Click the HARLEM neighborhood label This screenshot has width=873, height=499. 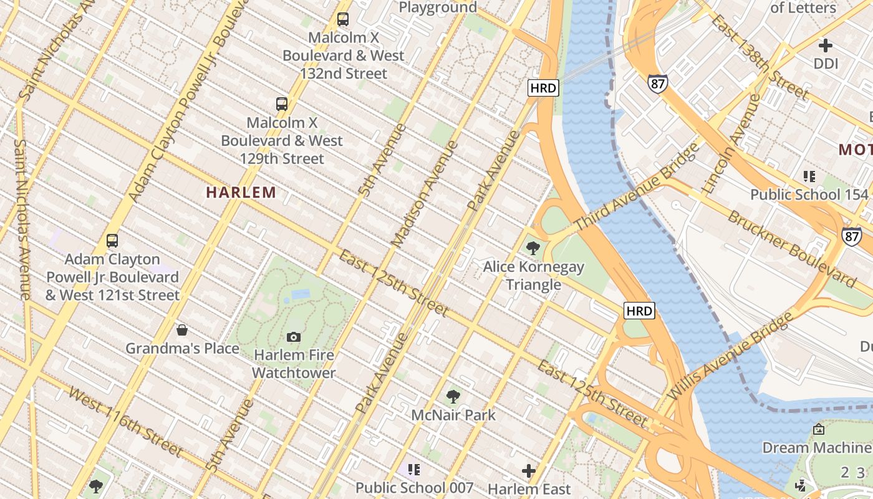[241, 193]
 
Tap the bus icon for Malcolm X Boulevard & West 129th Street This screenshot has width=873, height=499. [282, 104]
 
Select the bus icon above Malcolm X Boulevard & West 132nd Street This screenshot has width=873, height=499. [343, 19]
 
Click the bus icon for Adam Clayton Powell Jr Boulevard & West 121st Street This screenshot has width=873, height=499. [112, 240]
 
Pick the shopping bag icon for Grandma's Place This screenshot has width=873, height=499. [182, 329]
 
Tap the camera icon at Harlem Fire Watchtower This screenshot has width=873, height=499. [294, 337]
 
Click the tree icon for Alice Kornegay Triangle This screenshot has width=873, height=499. [533, 248]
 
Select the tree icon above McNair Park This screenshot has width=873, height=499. [453, 396]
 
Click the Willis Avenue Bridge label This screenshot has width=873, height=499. [730, 356]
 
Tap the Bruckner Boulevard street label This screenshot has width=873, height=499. [791, 249]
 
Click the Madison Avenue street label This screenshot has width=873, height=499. [425, 193]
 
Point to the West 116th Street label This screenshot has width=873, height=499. [125, 422]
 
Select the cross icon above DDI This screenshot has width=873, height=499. [826, 45]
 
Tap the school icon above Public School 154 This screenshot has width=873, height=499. [809, 177]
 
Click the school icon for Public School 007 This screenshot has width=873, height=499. [414, 469]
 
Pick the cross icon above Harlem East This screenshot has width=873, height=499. [529, 470]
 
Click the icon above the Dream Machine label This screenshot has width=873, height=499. [819, 429]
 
